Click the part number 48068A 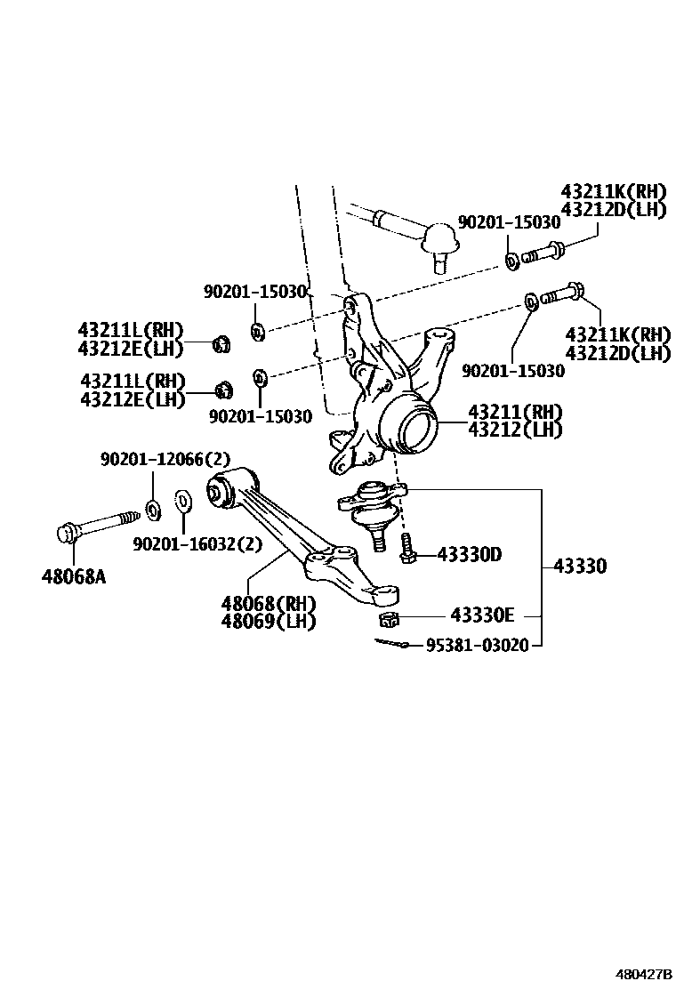coord(73,575)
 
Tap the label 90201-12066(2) coord(165,459)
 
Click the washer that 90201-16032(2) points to coord(181,501)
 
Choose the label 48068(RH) coord(269,603)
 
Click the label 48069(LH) coord(269,621)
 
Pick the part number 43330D coord(469,555)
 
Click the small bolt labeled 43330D coord(408,547)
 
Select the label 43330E coord(483,615)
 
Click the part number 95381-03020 coord(477,645)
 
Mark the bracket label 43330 coord(580,566)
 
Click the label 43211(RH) coord(516,412)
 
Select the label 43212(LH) coord(516,430)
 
